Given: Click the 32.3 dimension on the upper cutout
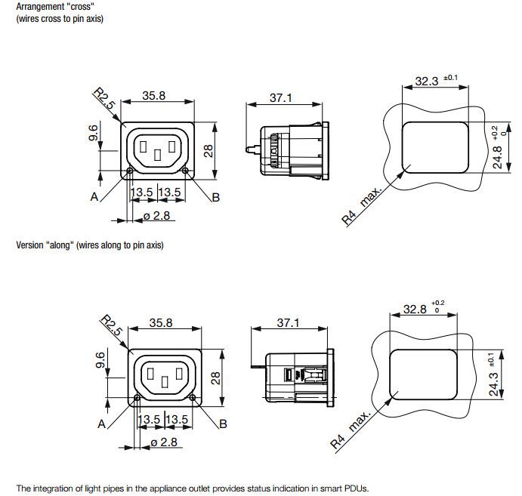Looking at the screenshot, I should (426, 80).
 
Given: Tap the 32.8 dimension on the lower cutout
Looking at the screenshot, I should (414, 309).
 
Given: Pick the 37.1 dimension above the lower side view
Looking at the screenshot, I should (288, 322).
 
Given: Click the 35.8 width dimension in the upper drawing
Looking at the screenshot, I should (154, 95).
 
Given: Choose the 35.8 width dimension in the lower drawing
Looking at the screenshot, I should (160, 322).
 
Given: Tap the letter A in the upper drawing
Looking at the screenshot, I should (94, 197).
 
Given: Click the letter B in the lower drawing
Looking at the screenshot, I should (222, 424).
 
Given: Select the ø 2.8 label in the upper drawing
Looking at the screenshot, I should (156, 217).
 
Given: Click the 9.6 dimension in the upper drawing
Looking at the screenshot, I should (93, 134).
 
